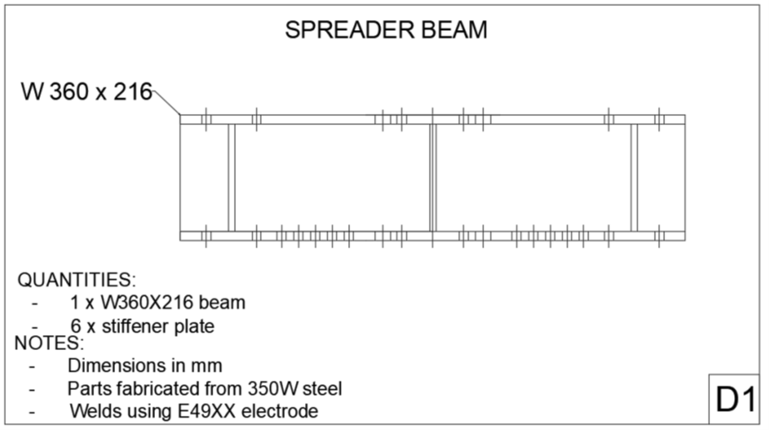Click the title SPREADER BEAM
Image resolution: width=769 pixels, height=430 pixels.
coord(386,30)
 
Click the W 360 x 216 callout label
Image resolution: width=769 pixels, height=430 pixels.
coord(87,92)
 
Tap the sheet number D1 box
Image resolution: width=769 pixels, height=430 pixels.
coord(734,400)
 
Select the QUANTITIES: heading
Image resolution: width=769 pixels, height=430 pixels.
coord(77,279)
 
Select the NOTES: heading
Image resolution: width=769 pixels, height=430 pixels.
coord(49,342)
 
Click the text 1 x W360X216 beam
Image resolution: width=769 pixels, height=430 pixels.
coord(157,302)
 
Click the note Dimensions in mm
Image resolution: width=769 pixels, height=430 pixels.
coord(145,365)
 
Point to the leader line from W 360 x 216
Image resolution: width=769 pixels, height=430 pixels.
coord(167,103)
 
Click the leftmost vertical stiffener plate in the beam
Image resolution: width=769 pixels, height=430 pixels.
coord(232,177)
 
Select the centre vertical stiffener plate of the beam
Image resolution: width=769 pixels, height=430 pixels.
coord(432,177)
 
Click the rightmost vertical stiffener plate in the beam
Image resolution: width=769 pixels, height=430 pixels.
coord(634,177)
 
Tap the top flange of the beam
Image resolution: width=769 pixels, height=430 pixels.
coord(333,119)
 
